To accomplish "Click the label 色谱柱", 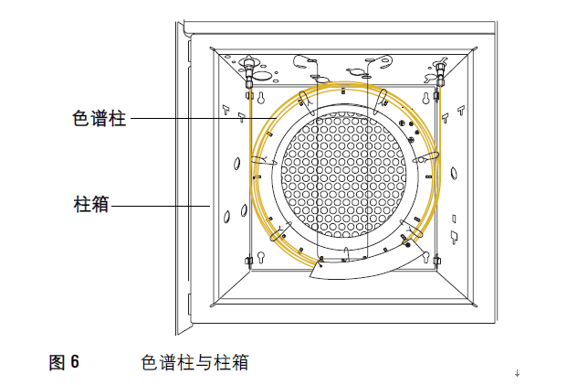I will [100, 118].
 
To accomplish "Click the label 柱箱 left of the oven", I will [90, 205].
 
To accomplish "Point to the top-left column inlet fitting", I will [248, 73].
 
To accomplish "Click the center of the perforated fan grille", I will [341, 172].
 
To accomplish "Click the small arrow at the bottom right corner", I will [517, 372].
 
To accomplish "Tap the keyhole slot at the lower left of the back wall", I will [264, 259].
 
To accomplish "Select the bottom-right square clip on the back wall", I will [437, 262].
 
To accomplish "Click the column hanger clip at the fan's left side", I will [258, 161].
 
